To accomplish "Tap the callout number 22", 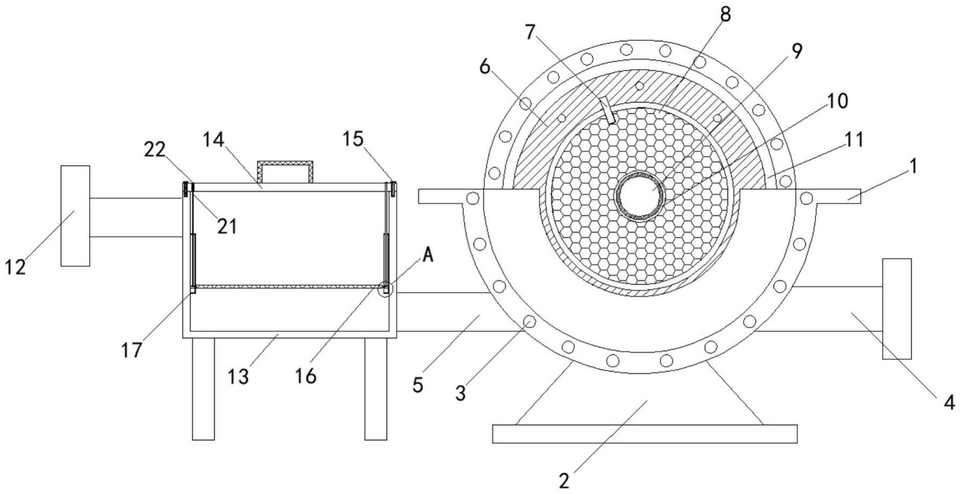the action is pyautogui.click(x=155, y=150).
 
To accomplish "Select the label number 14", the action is pyautogui.click(x=214, y=141).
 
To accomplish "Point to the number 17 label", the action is pyautogui.click(x=131, y=350).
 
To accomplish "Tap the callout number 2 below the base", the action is pyautogui.click(x=563, y=481).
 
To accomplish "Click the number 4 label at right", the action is pyautogui.click(x=949, y=402).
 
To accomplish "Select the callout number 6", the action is pyautogui.click(x=485, y=68).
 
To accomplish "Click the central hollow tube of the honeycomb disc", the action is pyautogui.click(x=640, y=197).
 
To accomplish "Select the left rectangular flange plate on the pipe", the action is pyautogui.click(x=75, y=216).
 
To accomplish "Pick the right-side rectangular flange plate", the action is pyautogui.click(x=897, y=309).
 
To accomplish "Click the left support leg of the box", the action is pyautogui.click(x=203, y=389).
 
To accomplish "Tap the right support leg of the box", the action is pyautogui.click(x=376, y=389).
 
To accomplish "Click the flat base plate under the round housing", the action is pyautogui.click(x=644, y=433).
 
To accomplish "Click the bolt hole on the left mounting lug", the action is pyautogui.click(x=472, y=198).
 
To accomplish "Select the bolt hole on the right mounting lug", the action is pyautogui.click(x=805, y=198).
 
